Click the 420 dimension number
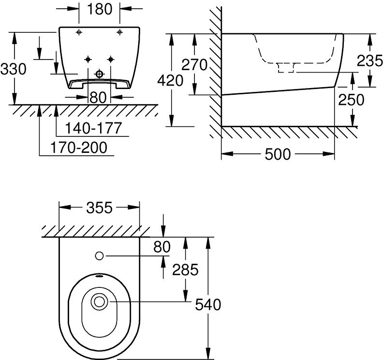171,80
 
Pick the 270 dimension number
194,64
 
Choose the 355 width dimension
99,208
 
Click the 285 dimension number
185,270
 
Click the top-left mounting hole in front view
79,32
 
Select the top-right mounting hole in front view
119,32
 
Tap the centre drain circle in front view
100,74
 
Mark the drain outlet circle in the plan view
100,302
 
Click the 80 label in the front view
98,97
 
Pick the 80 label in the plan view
162,246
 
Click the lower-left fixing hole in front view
88,60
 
